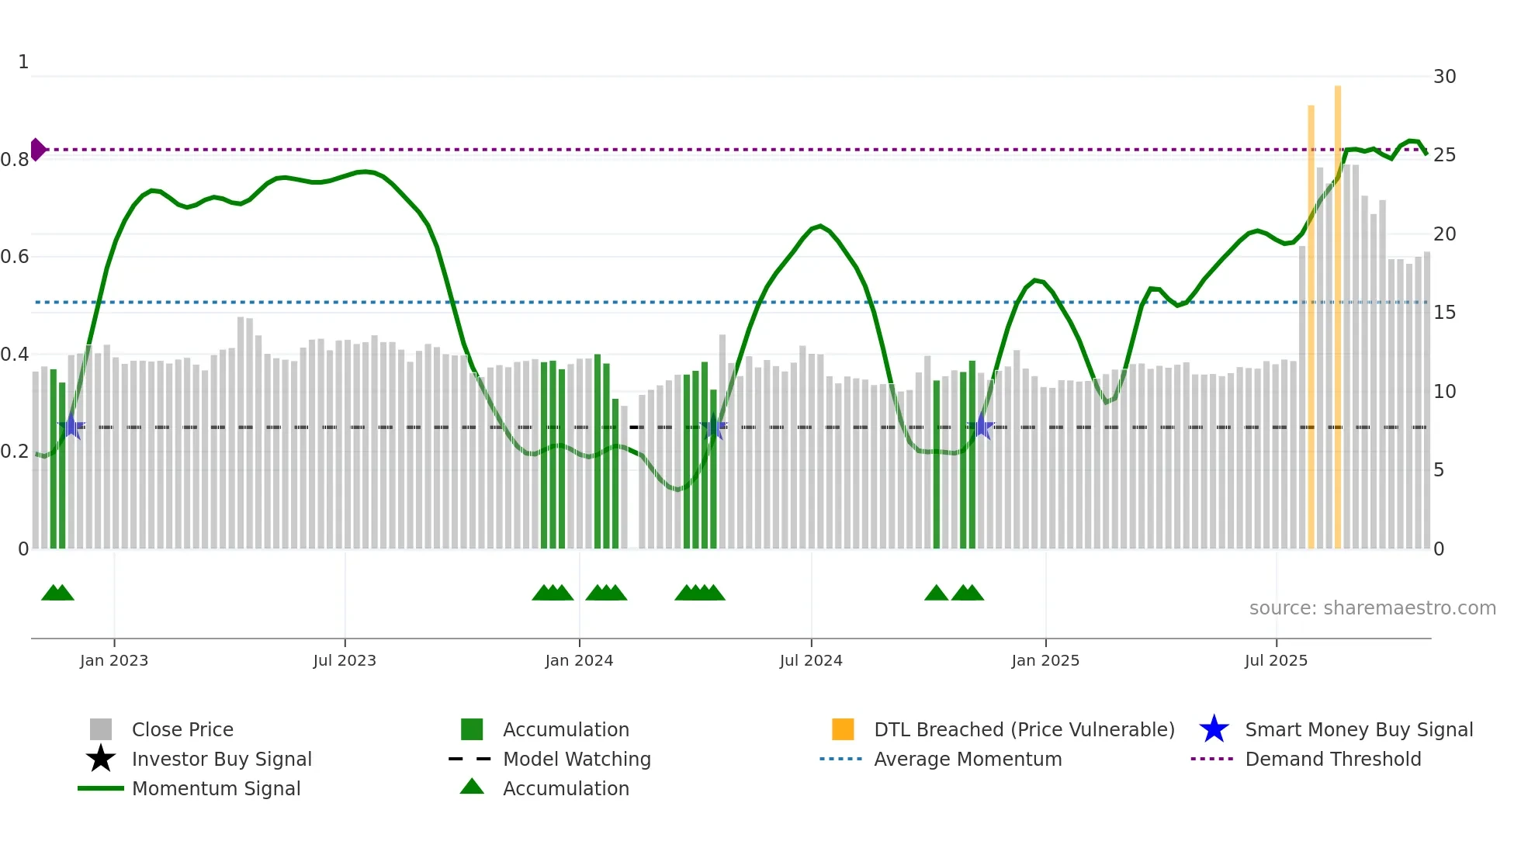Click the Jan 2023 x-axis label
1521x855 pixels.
[x=114, y=660]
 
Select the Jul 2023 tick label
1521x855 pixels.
[x=345, y=660]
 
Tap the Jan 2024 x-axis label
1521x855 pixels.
[x=579, y=660]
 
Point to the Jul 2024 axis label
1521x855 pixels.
[x=811, y=660]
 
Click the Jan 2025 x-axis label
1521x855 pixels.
[x=1045, y=660]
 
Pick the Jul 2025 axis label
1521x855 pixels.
[x=1276, y=660]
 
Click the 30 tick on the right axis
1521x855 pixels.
[x=1444, y=77]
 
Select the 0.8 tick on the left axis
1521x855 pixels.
[x=15, y=160]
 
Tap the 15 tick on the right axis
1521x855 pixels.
[x=1444, y=313]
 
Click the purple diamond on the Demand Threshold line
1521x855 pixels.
[x=37, y=150]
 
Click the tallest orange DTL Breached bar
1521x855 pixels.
[x=1338, y=310]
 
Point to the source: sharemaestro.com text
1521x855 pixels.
[x=1372, y=608]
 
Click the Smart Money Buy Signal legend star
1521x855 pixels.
[x=1214, y=729]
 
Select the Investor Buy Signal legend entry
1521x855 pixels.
[x=221, y=759]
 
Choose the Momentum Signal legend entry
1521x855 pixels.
[x=216, y=788]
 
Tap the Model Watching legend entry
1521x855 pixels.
[x=576, y=759]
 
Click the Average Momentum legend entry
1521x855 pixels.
[x=967, y=759]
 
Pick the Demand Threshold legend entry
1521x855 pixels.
[x=1332, y=759]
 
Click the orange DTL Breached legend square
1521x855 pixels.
[x=843, y=729]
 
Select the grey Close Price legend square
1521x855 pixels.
[x=101, y=729]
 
